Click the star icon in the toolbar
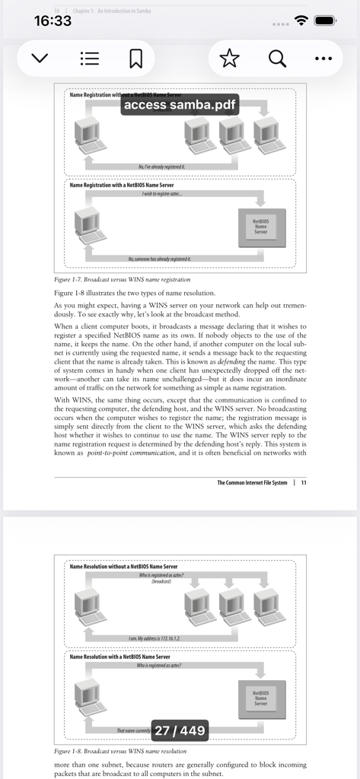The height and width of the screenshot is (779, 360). point(229,59)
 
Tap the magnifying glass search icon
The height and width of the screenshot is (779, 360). point(277,59)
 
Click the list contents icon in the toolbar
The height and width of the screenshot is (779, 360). point(90,59)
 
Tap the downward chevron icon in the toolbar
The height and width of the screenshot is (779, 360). point(40,59)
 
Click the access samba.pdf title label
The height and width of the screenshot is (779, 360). point(180,104)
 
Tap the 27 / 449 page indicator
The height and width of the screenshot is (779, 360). point(180,731)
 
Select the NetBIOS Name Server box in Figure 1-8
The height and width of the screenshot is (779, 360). point(261,698)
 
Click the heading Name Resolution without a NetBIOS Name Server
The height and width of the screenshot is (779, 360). point(123,567)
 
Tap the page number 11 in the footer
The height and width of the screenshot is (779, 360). point(304,482)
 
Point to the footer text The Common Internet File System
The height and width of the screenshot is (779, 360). point(252,482)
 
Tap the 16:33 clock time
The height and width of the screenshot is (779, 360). point(53,21)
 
